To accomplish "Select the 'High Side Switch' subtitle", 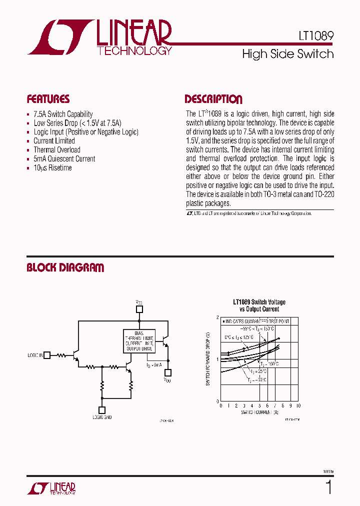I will [x=287, y=54].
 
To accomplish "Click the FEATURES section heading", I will [x=48, y=99].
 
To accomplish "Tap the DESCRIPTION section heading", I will [x=213, y=99].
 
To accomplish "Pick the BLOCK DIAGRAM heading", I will [x=65, y=268].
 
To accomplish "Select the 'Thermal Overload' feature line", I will [x=56, y=150].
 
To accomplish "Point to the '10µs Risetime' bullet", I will [x=52, y=168].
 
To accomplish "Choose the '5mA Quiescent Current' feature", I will [x=64, y=159].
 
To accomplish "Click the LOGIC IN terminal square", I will [x=47, y=355].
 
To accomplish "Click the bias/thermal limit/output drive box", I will [x=139, y=340].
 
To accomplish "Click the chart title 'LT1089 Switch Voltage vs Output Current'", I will [x=259, y=305].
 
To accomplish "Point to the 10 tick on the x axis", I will [x=298, y=406].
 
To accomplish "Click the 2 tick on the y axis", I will [x=217, y=317].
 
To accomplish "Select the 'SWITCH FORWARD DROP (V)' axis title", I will [x=208, y=359].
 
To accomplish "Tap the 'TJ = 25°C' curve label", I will [x=259, y=371].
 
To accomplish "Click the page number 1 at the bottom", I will [x=328, y=487].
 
